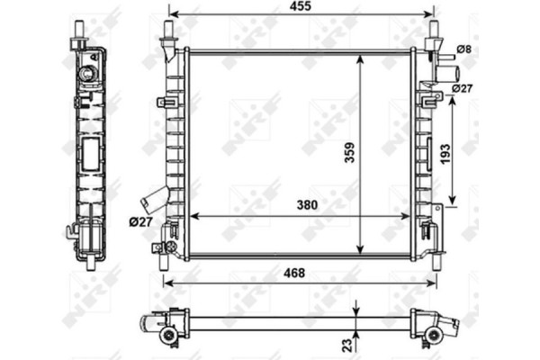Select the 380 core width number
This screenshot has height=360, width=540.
[308, 206]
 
